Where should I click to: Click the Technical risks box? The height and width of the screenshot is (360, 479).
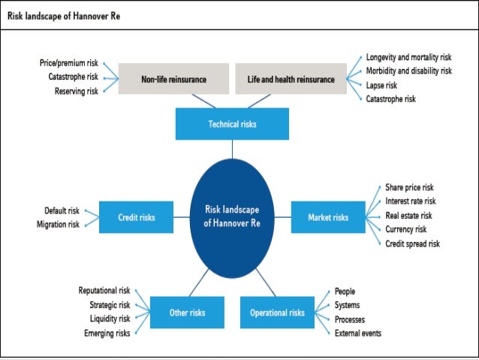[x=232, y=124]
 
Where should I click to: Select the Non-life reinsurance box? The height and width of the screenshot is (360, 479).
[x=173, y=78]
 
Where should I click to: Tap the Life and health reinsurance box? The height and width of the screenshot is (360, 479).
[x=291, y=78]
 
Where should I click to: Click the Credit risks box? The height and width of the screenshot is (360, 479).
[x=137, y=217]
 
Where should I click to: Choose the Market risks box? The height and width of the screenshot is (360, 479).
[x=328, y=217]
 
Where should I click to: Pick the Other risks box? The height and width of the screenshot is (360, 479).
[x=187, y=312]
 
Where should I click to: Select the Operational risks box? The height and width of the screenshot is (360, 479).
[x=277, y=312]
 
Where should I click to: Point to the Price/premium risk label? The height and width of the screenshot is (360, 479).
[x=69, y=64]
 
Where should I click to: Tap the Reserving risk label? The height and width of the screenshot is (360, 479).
[x=76, y=91]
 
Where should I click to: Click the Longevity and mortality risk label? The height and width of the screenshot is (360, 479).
[x=408, y=57]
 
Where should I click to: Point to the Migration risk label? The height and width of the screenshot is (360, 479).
[x=58, y=224]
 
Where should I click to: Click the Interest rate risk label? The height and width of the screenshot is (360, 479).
[x=410, y=201]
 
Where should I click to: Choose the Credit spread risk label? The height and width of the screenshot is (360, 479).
[x=412, y=244]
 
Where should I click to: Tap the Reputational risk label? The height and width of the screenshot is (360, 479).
[x=104, y=290]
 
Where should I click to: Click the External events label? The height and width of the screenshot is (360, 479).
[x=358, y=333]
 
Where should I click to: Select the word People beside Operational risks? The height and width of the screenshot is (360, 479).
[x=345, y=291]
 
